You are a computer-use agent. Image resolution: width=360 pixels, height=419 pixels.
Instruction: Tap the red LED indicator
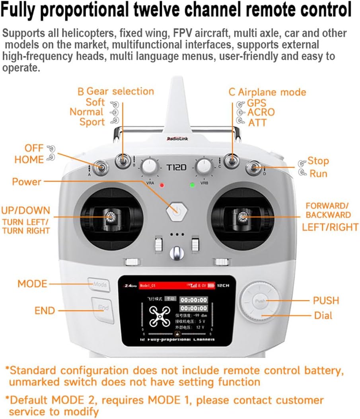pyautogui.click(x=162, y=185)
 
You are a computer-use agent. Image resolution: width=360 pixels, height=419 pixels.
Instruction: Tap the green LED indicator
pyautogui.click(x=192, y=185)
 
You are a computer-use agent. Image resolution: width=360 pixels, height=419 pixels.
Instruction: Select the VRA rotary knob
pyautogui.click(x=149, y=167)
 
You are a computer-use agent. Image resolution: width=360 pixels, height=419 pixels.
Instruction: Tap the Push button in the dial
pyautogui.click(x=260, y=301)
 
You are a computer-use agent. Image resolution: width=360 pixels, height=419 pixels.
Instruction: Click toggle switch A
pyautogui.click(x=101, y=167)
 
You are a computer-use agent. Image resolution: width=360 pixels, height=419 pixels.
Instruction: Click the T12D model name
pyautogui.click(x=176, y=168)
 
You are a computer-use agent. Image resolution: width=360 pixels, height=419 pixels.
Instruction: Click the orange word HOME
pyautogui.click(x=29, y=160)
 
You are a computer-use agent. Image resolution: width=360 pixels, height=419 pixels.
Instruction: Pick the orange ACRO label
pyautogui.click(x=261, y=112)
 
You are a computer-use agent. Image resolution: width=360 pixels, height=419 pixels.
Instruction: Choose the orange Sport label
pyautogui.click(x=92, y=122)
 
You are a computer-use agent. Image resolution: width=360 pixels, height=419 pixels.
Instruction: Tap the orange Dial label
pyautogui.click(x=323, y=316)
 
